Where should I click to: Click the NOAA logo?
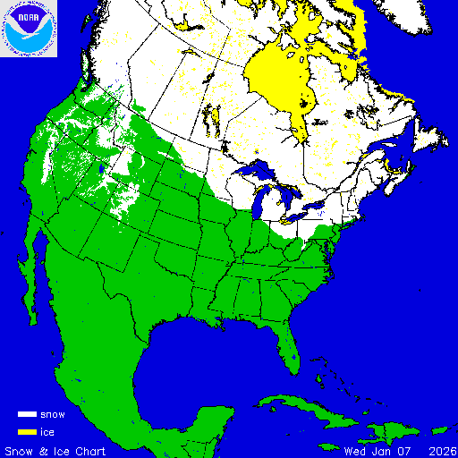click(29, 30)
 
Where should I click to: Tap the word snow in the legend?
click(53, 415)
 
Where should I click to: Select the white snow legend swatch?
click(27, 415)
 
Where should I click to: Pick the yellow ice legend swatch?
click(27, 431)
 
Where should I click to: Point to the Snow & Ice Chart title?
click(55, 450)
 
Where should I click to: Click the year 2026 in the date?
click(440, 450)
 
